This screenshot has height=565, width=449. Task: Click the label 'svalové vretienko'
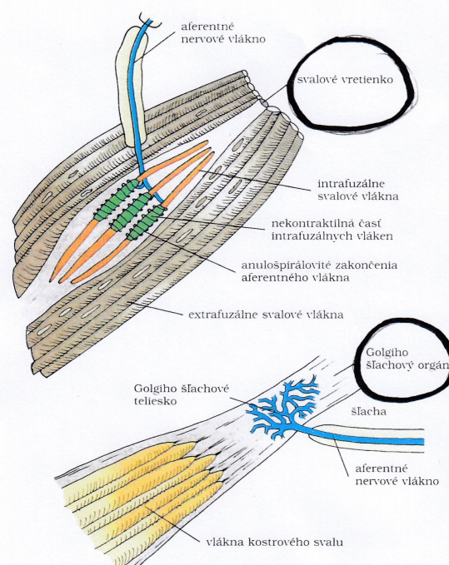pos(345,79)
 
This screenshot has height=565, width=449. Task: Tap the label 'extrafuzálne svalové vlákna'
pos(266,315)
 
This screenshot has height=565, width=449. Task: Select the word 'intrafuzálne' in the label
pos(351,183)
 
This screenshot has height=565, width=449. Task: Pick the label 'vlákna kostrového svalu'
pos(274,542)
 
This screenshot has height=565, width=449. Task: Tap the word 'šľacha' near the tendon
pos(369,412)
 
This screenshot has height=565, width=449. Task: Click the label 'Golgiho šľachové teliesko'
pos(182,394)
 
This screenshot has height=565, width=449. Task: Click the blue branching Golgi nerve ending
pos(286,407)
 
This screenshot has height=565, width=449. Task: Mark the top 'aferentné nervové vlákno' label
pos(223,32)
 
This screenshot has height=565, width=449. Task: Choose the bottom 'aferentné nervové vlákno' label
pos(397,474)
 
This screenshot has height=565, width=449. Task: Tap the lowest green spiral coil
pos(146,222)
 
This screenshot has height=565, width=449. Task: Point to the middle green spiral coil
pos(132,211)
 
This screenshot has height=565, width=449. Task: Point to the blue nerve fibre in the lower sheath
pos(364,437)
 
